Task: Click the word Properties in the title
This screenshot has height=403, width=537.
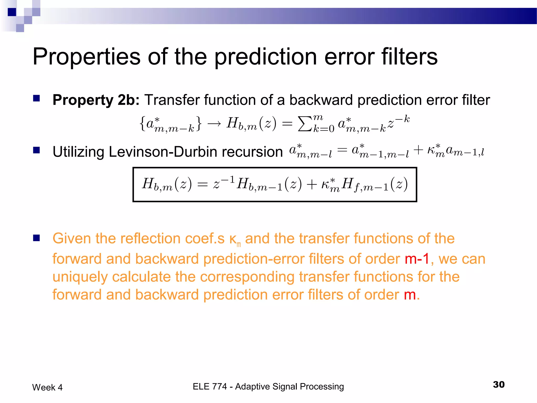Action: [x=87, y=57]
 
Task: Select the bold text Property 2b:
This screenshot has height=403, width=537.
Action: [x=96, y=100]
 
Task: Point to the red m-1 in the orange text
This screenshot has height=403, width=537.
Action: [x=417, y=259]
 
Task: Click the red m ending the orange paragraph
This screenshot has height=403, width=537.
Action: [x=410, y=295]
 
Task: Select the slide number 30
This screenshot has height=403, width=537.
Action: [x=498, y=385]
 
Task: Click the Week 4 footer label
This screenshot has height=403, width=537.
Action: [x=47, y=388]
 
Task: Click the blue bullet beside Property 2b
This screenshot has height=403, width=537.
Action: [x=36, y=98]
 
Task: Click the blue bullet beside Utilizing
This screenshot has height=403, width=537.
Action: [x=36, y=150]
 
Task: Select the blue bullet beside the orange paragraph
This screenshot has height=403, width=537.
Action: [x=36, y=238]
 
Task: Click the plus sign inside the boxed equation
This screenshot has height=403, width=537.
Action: [x=312, y=184]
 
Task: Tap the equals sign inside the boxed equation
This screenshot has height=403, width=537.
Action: [x=202, y=184]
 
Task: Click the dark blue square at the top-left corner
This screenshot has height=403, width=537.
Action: [x=12, y=12]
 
